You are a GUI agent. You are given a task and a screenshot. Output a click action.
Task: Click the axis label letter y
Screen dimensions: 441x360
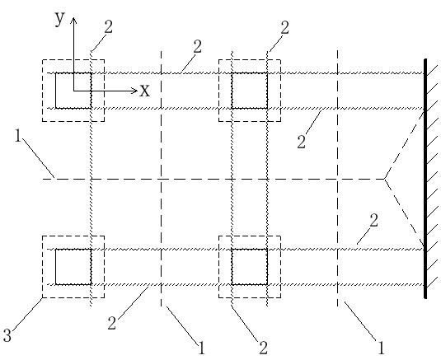pos(60,19)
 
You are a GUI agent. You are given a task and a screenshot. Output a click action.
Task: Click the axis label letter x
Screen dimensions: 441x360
pos(145,91)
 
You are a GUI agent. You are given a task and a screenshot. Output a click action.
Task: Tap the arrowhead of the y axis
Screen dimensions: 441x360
pos(73,20)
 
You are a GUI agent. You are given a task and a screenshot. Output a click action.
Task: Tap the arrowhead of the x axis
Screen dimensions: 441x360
pos(134,91)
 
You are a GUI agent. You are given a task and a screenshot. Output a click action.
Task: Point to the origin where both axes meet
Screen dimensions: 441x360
pos(73,91)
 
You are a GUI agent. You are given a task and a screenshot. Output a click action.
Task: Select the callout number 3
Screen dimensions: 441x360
pos(7,335)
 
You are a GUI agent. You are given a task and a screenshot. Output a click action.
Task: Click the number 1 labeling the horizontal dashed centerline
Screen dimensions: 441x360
pos(18,136)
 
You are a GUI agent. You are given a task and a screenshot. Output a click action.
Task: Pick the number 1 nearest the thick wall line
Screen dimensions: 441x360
pos(381,348)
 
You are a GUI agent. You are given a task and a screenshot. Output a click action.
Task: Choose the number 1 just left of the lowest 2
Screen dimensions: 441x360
pos(201,348)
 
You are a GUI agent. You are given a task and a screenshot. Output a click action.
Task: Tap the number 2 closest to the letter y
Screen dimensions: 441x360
pos(108,27)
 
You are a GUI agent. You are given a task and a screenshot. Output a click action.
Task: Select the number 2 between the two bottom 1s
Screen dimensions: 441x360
pos(263,348)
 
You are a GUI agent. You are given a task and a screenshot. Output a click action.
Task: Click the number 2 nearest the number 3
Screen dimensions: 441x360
pos(112,323)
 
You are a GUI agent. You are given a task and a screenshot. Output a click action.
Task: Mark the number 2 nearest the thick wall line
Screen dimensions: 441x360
pos(373,220)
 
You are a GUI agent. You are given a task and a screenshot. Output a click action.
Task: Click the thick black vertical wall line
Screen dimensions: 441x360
pos(425,179)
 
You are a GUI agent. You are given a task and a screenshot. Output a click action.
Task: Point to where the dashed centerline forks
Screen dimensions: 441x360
pos(384,179)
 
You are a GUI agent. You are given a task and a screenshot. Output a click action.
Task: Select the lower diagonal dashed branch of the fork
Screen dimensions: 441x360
pos(405,213)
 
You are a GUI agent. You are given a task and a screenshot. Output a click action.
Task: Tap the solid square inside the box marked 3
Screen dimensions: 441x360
pos(73,267)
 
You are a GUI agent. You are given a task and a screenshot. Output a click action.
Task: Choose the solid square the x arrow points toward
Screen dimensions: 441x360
pos(250,91)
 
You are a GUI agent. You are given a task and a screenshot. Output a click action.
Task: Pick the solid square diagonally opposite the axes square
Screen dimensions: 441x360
pos(250,267)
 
